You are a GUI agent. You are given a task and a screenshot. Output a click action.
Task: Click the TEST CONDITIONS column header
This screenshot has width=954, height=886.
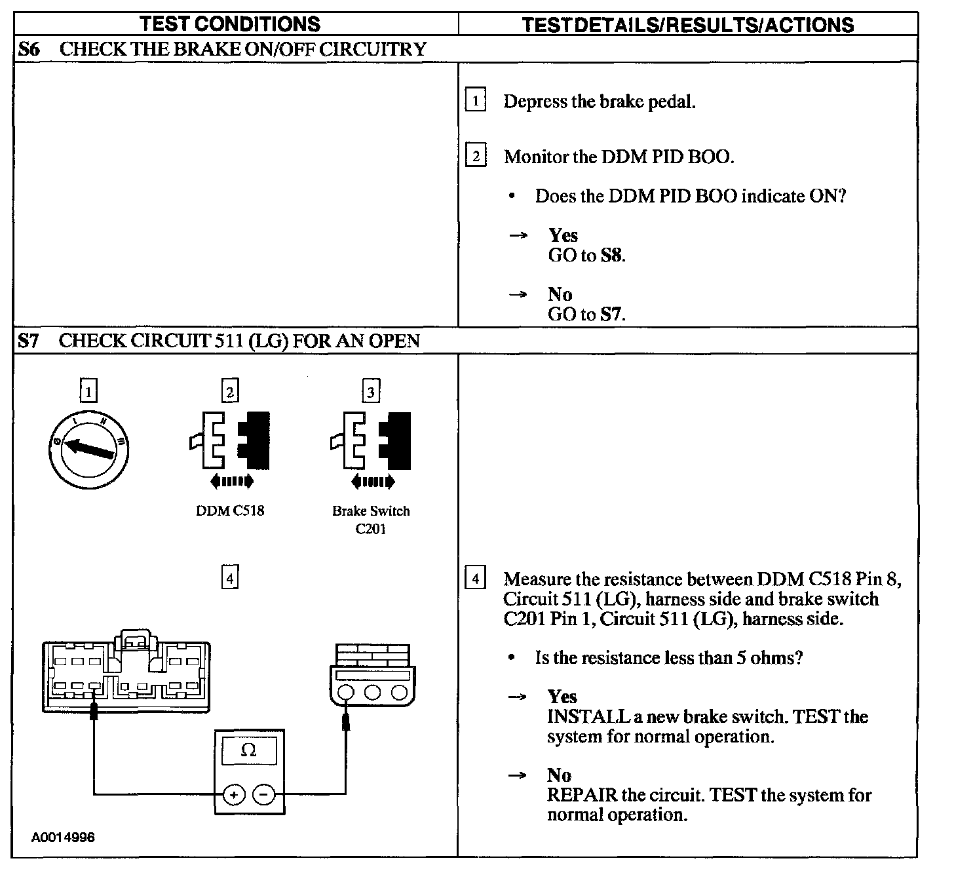[230, 24]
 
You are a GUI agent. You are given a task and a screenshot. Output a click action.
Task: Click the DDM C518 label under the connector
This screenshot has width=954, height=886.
[230, 510]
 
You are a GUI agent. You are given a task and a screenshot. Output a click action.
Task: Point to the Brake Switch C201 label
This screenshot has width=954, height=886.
[371, 520]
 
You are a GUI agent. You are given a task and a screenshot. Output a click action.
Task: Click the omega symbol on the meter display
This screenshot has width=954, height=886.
[249, 750]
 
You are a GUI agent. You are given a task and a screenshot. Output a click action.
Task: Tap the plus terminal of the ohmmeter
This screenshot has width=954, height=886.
[234, 795]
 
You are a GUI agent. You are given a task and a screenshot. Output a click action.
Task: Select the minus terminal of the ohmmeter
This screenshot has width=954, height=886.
[263, 795]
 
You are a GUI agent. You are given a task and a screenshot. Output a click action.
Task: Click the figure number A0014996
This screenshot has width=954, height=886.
[63, 838]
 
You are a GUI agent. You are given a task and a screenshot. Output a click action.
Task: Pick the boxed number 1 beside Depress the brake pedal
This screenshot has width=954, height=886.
[475, 101]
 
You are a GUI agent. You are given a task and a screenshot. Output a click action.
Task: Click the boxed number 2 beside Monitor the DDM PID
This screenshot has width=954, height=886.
[475, 156]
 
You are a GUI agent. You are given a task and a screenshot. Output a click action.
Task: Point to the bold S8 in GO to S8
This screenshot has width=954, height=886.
[611, 256]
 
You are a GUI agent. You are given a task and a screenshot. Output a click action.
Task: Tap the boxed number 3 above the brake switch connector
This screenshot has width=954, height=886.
[371, 391]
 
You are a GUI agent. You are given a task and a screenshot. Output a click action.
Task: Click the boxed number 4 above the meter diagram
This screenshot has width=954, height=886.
[229, 578]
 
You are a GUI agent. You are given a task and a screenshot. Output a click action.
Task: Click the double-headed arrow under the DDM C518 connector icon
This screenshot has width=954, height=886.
[231, 482]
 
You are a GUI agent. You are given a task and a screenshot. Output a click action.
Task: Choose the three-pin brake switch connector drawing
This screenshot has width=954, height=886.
[372, 675]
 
